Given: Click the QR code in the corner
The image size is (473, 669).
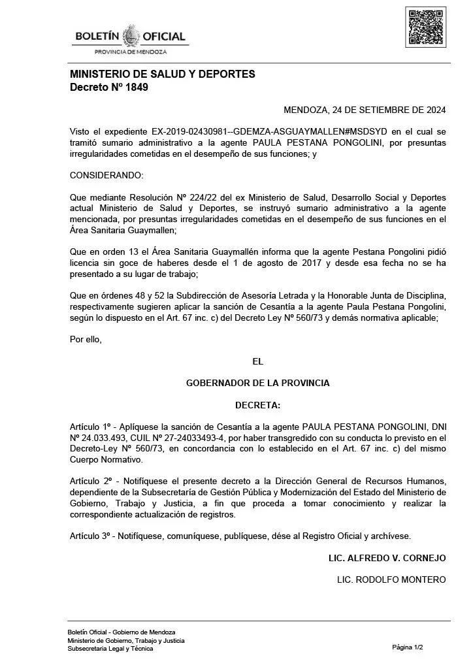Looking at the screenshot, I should point(426,27).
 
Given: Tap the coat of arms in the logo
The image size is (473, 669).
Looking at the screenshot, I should point(131,35).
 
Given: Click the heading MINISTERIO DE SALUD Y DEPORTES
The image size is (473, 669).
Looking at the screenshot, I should point(162,74).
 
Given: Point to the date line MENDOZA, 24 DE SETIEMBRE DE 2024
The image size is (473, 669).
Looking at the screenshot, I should point(365,110).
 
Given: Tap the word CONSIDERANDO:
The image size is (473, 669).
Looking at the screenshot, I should point(106,175).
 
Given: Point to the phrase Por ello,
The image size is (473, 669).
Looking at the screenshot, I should point(86,338).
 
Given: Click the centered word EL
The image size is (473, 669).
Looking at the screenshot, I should point(257,361).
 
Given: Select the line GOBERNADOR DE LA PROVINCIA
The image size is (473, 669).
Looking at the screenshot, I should point(257,383).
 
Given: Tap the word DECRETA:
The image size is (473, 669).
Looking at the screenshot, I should point(257,405).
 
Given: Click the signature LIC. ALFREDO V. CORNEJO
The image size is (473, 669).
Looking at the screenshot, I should point(387,558).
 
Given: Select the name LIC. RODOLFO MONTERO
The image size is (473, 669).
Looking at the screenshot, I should point(391,579).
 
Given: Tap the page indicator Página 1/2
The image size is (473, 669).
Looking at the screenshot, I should point(408,647).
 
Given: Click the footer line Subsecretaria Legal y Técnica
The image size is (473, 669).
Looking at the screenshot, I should point(110,649).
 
